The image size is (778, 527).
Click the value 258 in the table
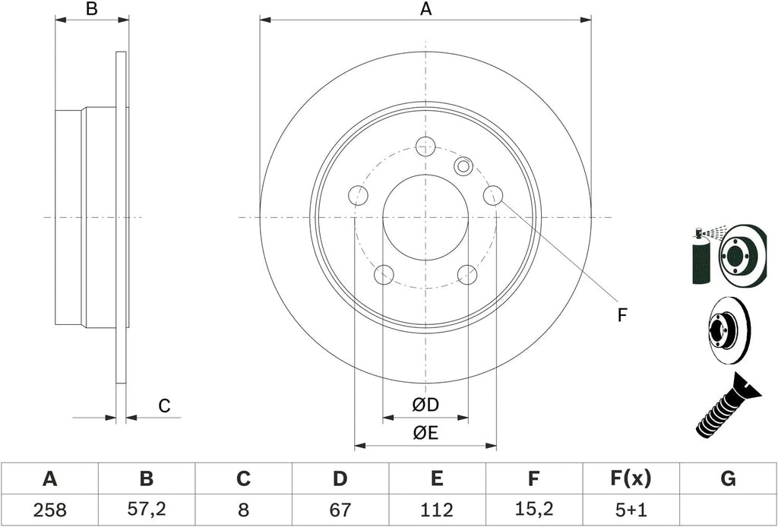point(49,510)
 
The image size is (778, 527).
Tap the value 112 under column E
point(437,510)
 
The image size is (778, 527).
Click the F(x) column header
point(630,479)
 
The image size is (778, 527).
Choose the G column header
point(727,479)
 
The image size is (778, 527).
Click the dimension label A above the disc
point(425,8)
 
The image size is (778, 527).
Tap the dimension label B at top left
point(92,8)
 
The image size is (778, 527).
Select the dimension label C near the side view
point(164,406)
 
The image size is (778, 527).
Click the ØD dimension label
point(425,405)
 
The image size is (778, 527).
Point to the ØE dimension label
point(425,434)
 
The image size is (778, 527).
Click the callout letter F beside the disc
point(622,315)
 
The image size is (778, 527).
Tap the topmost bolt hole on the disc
point(425,147)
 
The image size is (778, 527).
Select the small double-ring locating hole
point(463,166)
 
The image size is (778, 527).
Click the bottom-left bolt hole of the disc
point(384,275)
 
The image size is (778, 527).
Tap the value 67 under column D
point(340,510)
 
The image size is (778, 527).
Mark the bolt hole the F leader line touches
point(493,195)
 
